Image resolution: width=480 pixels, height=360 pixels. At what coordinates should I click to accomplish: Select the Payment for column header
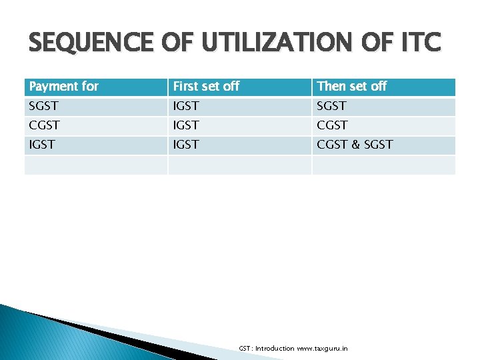[x=64, y=87]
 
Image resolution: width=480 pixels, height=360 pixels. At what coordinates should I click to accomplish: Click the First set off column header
[x=207, y=87]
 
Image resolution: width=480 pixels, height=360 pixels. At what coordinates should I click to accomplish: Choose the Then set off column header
[x=352, y=87]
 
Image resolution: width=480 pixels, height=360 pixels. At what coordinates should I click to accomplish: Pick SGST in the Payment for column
[x=44, y=106]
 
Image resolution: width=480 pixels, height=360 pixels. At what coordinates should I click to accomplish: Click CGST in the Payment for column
[x=45, y=125]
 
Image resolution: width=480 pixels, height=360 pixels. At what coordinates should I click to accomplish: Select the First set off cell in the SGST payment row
[x=186, y=106]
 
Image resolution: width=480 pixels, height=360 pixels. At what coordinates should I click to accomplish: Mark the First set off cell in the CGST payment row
[x=186, y=125]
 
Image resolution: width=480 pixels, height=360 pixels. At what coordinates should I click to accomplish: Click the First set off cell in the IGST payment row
[x=186, y=145]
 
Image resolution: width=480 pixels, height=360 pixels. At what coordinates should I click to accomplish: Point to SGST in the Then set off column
[x=332, y=106]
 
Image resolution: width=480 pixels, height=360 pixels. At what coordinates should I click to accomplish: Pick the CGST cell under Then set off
[x=333, y=125]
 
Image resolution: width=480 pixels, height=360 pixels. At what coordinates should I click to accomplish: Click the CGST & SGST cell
[x=355, y=145]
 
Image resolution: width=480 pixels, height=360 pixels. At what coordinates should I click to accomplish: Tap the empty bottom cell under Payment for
[x=95, y=165]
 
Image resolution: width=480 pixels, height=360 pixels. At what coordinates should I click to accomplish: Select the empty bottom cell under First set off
[x=239, y=165]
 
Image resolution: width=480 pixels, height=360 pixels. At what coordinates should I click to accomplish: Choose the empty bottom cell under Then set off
[x=383, y=165]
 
